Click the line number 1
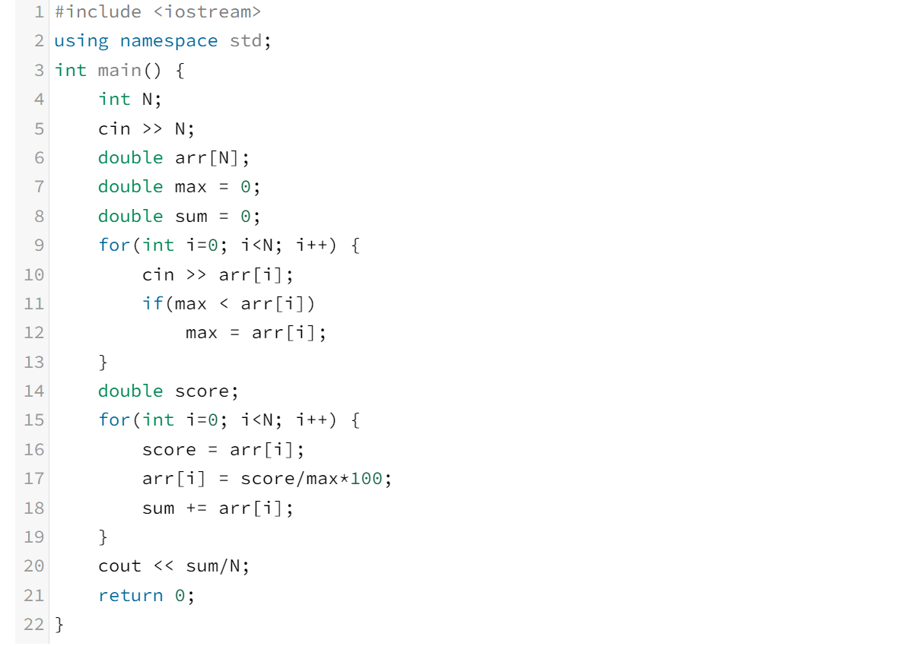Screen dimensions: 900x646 click(x=39, y=12)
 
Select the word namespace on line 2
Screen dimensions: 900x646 click(x=168, y=41)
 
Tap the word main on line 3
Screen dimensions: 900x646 click(x=119, y=71)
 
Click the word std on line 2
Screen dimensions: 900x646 click(x=246, y=41)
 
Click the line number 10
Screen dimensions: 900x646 click(x=34, y=274)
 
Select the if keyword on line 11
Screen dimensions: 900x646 click(x=152, y=304)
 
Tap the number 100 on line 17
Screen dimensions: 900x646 click(x=366, y=479)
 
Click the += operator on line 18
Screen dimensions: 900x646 click(x=196, y=508)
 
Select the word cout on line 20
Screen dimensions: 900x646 click(x=119, y=566)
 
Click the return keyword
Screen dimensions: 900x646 click(x=130, y=596)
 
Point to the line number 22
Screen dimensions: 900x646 click(x=34, y=625)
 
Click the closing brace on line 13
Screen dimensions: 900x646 click(x=103, y=362)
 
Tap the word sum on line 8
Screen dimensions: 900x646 click(x=191, y=217)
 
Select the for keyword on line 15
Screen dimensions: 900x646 click(x=113, y=420)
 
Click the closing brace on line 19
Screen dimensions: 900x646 click(x=103, y=537)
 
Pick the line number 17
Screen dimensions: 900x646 click(x=34, y=479)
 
